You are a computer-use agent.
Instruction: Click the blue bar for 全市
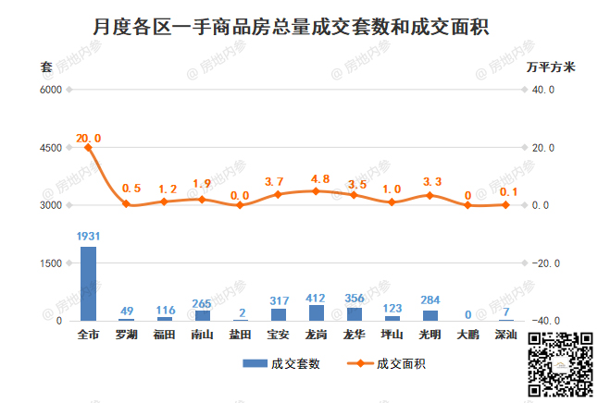pos(89,284)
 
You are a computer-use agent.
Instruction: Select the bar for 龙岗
pos(317,312)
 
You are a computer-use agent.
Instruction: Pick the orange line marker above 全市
pos(89,147)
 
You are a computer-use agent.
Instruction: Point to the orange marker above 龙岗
pos(317,191)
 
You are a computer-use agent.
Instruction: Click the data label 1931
pos(89,237)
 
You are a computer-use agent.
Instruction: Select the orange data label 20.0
pos(89,138)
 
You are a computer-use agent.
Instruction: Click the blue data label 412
pos(317,296)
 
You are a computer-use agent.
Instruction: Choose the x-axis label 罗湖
pos(127,333)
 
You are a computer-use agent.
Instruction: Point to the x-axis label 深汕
pos(505,333)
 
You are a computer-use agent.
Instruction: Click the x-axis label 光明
pos(430,333)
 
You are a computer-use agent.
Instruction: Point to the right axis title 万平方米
pos(551,67)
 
